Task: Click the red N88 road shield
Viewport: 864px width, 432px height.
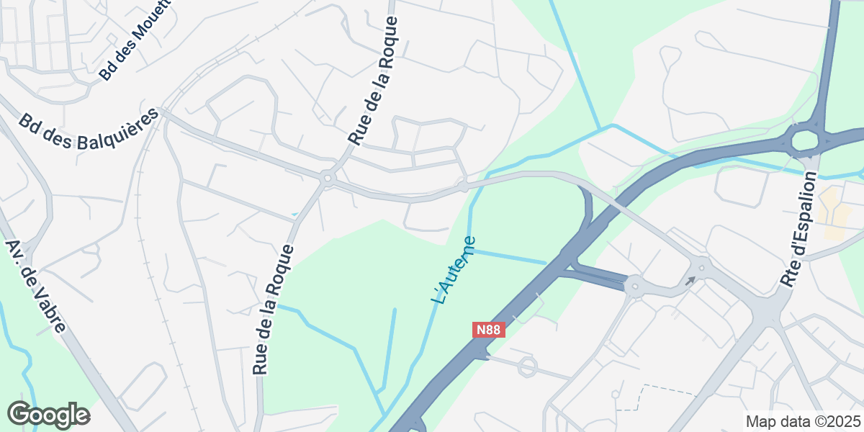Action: (488, 330)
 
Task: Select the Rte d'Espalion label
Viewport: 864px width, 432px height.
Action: (800, 231)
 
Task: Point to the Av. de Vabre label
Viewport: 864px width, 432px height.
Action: (35, 286)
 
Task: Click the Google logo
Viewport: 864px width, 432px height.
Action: (48, 415)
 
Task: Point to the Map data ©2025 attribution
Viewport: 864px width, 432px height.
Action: (803, 421)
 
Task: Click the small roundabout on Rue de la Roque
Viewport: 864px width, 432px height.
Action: (328, 177)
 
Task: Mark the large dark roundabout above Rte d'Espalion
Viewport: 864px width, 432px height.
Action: (805, 140)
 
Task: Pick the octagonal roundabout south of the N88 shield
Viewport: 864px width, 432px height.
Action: (527, 366)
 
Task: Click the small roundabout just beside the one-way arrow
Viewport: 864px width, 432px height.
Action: (701, 267)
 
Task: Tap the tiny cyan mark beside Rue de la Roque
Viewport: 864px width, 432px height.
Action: (294, 214)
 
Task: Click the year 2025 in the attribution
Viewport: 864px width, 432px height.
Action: (844, 421)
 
